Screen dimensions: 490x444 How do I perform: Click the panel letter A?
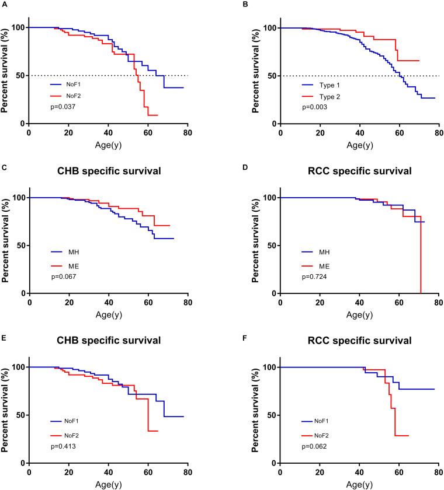click(x=3, y=3)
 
